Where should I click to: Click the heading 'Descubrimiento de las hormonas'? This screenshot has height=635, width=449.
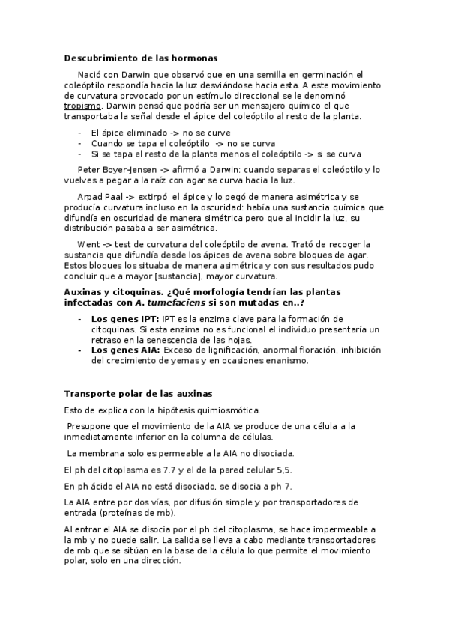click(141, 58)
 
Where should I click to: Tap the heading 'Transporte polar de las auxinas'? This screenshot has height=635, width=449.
click(139, 394)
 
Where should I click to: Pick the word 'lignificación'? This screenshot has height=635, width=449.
click(220, 350)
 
